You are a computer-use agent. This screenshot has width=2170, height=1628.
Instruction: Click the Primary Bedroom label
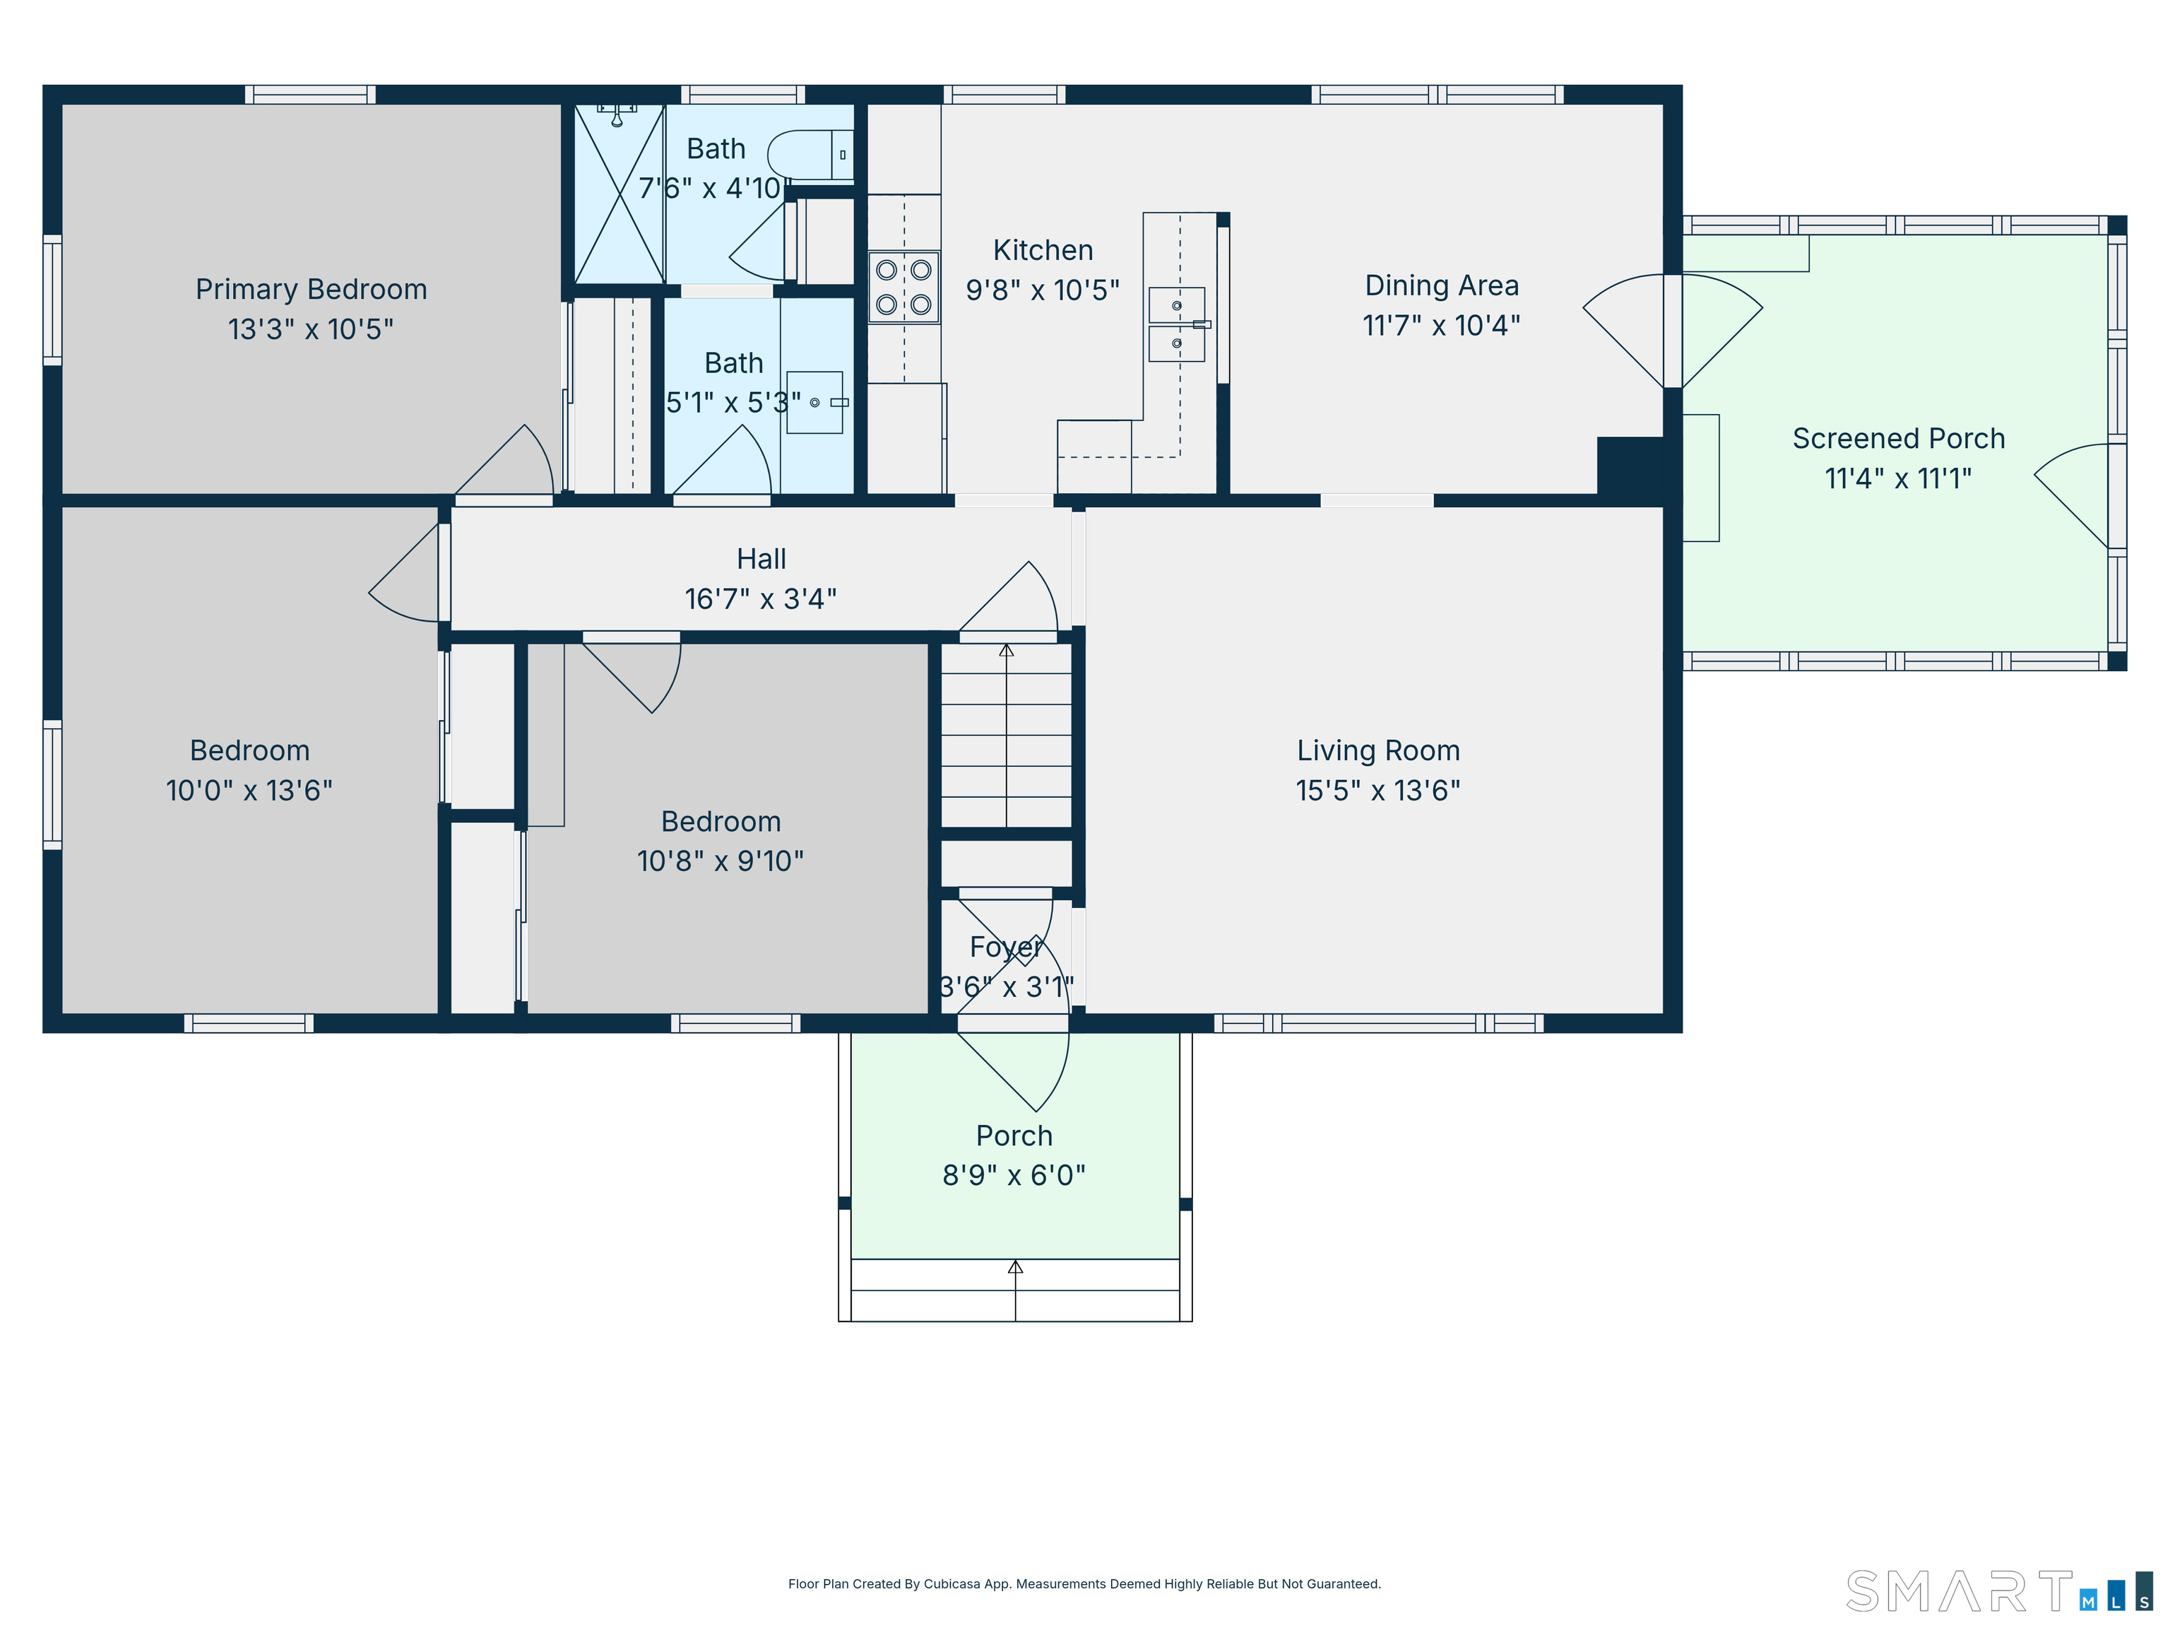(311, 290)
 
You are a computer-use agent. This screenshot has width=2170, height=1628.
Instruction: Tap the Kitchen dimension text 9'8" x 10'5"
(1043, 290)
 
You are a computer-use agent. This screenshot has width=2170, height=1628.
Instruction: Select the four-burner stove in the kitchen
(903, 288)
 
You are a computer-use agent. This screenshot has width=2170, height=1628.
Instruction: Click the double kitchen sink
(1178, 325)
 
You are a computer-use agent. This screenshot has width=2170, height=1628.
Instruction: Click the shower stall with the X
(619, 194)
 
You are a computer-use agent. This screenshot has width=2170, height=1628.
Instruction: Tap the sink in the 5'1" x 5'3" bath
(815, 402)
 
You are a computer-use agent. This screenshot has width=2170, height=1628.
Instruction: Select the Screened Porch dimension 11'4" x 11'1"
(1898, 479)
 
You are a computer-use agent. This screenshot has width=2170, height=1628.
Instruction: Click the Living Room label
(1378, 750)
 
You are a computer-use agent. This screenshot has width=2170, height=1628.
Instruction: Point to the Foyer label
(1006, 947)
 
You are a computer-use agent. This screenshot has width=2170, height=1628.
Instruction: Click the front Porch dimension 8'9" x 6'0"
(1014, 1176)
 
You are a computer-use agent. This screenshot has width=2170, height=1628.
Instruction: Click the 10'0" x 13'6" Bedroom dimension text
(249, 791)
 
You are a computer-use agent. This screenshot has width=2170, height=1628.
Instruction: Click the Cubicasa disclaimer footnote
(1084, 1584)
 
